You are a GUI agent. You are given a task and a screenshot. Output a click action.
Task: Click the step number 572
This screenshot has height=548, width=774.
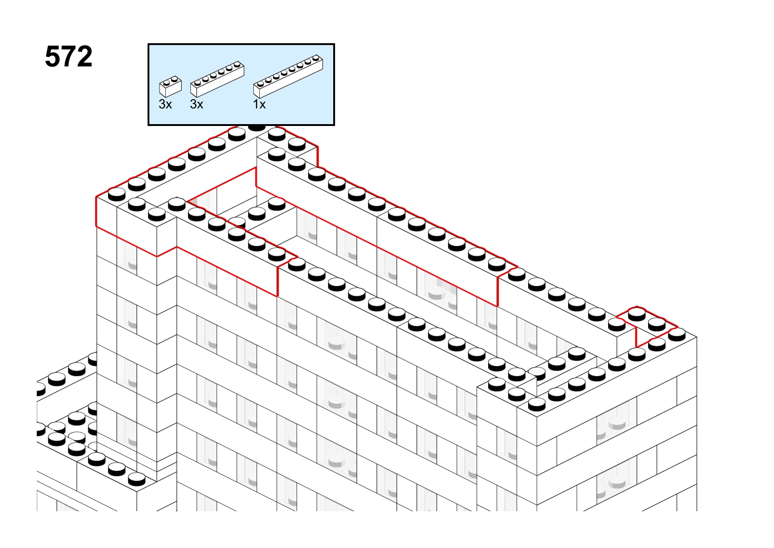coord(69,57)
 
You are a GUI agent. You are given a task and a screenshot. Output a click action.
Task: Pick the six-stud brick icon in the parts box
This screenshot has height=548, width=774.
coord(217,79)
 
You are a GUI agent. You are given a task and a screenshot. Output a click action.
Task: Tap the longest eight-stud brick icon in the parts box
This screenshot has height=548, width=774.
coord(288,76)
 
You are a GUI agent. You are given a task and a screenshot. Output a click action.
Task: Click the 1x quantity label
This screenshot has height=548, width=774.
coord(259,105)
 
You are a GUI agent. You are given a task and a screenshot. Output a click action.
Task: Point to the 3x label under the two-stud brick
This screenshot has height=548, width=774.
coord(165,105)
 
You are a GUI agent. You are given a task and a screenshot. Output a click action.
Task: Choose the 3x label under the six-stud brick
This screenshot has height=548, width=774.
coord(196,105)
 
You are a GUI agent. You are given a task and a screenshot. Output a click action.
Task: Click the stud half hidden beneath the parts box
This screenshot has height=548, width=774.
coord(256,127)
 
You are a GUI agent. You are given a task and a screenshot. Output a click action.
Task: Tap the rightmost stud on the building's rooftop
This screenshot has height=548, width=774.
coord(677,334)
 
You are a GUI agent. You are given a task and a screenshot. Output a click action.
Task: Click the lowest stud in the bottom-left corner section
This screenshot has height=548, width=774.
coord(137,479)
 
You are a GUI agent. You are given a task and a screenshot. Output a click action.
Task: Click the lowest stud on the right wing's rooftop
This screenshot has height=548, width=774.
coord(537,405)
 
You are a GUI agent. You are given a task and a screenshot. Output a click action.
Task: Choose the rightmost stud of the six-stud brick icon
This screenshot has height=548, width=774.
coord(237,65)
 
